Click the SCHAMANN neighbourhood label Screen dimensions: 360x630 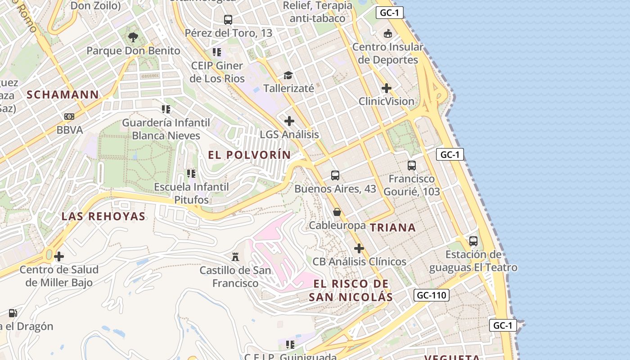point(63,94)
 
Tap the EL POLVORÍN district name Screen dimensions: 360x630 point(249,155)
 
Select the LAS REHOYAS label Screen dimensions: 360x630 point(103,216)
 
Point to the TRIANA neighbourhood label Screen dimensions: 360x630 point(393,228)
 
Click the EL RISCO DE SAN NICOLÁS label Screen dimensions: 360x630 point(351,290)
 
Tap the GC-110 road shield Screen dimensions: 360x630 point(431,295)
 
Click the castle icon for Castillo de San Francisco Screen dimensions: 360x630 point(235,257)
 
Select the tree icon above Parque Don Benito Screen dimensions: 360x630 point(133,37)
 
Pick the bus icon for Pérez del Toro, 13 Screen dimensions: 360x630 point(228,20)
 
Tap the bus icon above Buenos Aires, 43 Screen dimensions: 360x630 point(335,175)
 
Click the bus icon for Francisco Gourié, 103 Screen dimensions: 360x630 point(412,166)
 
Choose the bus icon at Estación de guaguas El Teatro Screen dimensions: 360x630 point(473,241)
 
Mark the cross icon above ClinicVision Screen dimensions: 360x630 point(387,88)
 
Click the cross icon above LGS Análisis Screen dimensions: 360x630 point(289,121)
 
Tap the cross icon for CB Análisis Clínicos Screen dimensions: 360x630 point(359,248)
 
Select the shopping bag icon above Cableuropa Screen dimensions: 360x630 point(337,212)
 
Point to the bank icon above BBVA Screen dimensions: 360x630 point(69,117)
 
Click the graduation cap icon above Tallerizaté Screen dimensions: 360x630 point(288,75)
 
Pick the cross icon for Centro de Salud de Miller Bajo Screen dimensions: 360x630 point(59,257)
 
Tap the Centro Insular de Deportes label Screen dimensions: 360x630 point(387,53)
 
